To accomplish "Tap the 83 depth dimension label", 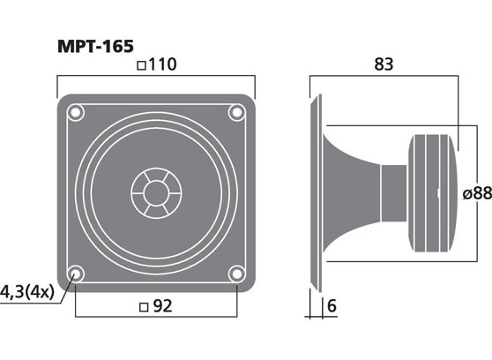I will [x=383, y=64].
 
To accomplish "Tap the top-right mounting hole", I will [x=235, y=112].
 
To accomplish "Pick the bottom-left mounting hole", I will [x=76, y=273].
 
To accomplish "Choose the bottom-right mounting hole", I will [x=235, y=273].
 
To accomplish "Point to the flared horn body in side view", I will [x=348, y=192].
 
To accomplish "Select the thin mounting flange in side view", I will [x=313, y=192].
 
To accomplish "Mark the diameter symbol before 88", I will [x=464, y=193].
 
